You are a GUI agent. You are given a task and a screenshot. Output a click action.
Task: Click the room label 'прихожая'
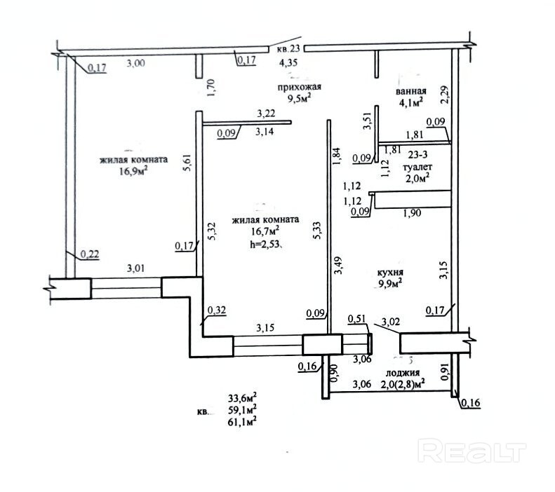click(x=300, y=87)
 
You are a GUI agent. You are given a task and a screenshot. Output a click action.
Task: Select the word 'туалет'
click(x=417, y=169)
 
